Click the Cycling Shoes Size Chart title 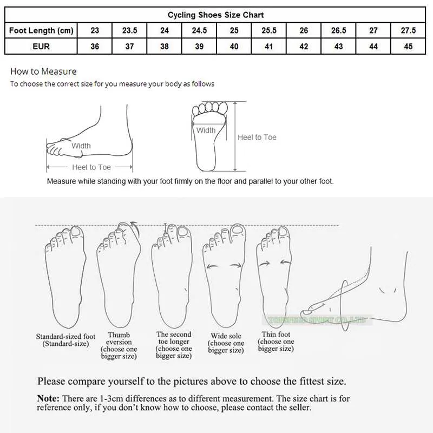(216, 15)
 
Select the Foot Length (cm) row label (41, 31)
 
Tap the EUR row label (41, 47)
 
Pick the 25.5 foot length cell (269, 31)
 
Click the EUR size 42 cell (304, 47)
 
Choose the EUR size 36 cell (95, 47)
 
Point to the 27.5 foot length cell (408, 31)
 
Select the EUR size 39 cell (199, 47)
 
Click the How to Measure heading (43, 71)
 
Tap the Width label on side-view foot (81, 146)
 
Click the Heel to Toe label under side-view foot (91, 167)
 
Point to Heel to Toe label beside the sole (257, 137)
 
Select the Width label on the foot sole (206, 130)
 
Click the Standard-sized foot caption (65, 340)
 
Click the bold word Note (48, 398)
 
